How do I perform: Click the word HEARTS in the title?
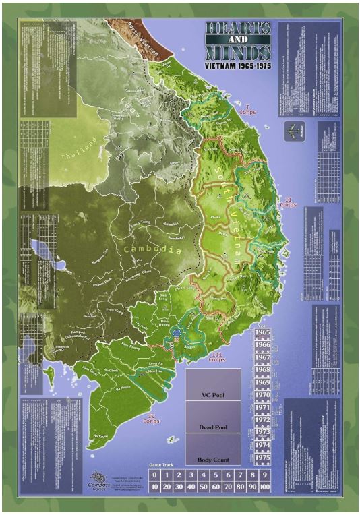[239, 28]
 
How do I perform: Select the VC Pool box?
[212, 395]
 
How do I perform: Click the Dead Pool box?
[212, 427]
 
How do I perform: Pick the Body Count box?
[212, 460]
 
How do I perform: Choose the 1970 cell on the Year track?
[263, 396]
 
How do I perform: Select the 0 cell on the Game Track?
[155, 475]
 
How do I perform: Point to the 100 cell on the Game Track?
[264, 486]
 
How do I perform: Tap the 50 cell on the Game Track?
[204, 486]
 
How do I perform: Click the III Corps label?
[216, 357]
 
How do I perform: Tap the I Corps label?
[247, 109]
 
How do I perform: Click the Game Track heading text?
[162, 466]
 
